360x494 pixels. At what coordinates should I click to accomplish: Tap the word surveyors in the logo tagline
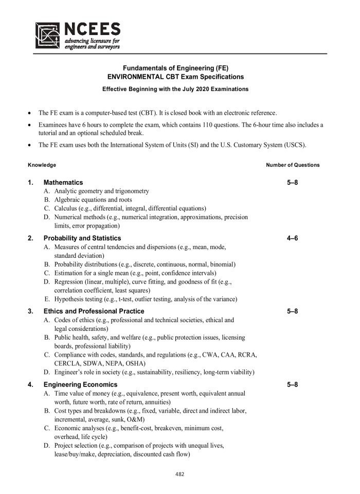[x=106, y=46]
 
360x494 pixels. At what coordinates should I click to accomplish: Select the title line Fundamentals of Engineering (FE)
[x=175, y=68]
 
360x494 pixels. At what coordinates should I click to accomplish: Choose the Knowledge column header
[x=42, y=165]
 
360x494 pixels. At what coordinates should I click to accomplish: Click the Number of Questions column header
[x=293, y=165]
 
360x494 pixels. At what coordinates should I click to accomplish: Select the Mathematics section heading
[x=63, y=182]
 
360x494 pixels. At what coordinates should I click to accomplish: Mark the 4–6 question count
[x=293, y=238]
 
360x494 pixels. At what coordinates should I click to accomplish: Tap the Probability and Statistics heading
[x=82, y=238]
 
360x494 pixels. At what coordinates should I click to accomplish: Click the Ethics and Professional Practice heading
[x=94, y=311]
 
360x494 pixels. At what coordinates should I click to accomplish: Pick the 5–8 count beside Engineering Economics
[x=293, y=384]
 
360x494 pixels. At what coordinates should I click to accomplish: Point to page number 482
[x=179, y=474]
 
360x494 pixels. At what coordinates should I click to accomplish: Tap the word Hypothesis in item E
[x=71, y=299]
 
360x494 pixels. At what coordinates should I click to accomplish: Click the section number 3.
[x=30, y=311]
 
